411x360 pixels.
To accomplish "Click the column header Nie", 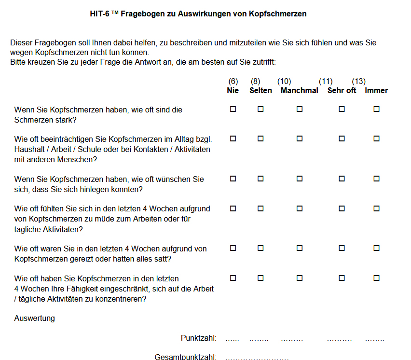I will point(233,91).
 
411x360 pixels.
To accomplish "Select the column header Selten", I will point(260,91).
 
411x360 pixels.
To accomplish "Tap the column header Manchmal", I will point(299,91).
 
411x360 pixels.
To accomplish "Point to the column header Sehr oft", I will point(342,91).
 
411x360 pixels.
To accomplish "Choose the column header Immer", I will point(376,91).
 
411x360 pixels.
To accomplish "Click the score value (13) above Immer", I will point(358,82).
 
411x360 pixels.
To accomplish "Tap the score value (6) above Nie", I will point(233,82).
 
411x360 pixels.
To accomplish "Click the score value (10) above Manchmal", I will point(284,82).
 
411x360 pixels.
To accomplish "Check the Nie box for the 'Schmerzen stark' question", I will point(233,110).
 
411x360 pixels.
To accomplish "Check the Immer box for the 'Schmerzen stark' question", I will point(377,110).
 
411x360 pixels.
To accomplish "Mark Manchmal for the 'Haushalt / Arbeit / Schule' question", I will point(300,139).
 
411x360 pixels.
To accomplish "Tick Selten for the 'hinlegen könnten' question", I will point(260,179).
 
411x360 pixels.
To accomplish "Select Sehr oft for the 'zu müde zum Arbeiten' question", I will point(342,209).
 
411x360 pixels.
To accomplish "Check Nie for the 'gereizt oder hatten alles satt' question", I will point(233,249).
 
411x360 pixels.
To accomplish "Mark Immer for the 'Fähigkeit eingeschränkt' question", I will point(377,278).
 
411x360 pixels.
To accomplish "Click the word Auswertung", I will point(35,318).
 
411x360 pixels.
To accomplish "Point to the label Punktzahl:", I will point(198,338).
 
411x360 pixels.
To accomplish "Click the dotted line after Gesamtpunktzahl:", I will point(257,358).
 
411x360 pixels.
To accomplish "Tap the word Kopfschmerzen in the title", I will point(277,14).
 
